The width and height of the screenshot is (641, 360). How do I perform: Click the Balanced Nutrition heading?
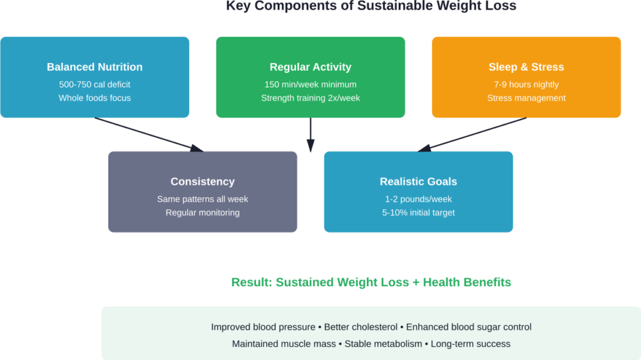click(x=95, y=67)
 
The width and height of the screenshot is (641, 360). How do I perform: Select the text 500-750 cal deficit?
click(x=95, y=85)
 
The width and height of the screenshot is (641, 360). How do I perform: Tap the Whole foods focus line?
click(x=95, y=98)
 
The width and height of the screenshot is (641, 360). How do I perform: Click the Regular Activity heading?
click(x=310, y=67)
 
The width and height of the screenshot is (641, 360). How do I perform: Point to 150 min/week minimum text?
click(x=310, y=85)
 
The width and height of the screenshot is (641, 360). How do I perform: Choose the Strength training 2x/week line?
click(x=310, y=98)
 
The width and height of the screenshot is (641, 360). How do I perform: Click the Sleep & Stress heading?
click(x=526, y=67)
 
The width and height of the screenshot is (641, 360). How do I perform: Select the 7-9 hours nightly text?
click(x=526, y=85)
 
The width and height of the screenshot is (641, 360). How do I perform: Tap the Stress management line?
click(x=526, y=98)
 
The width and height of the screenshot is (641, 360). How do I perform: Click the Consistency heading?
click(x=202, y=182)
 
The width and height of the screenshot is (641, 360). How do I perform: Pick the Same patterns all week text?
click(x=202, y=199)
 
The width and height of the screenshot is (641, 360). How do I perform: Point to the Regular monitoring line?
click(x=202, y=212)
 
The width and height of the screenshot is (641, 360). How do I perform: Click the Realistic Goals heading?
click(x=418, y=182)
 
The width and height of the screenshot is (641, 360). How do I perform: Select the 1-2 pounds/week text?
click(x=418, y=199)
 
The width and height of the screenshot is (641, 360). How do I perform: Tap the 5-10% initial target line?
click(x=418, y=212)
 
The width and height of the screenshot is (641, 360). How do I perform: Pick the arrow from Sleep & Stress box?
click(x=473, y=134)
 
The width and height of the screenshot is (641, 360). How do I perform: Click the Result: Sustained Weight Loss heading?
click(x=371, y=282)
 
